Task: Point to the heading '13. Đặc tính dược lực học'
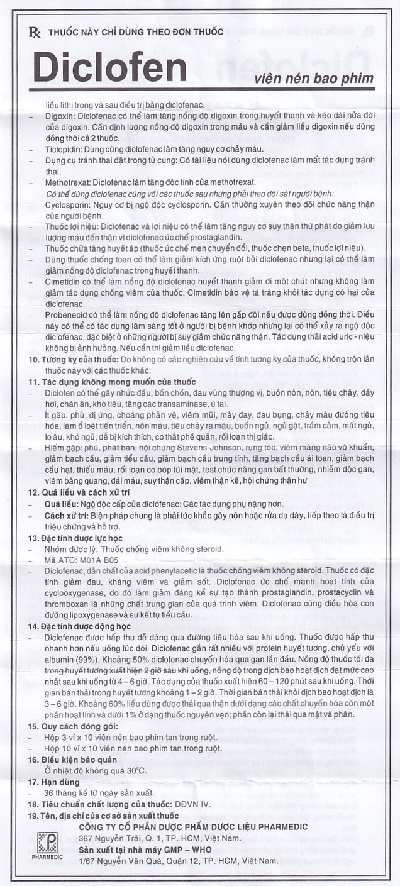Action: tap(79, 539)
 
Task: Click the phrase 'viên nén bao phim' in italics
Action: tap(314, 79)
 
